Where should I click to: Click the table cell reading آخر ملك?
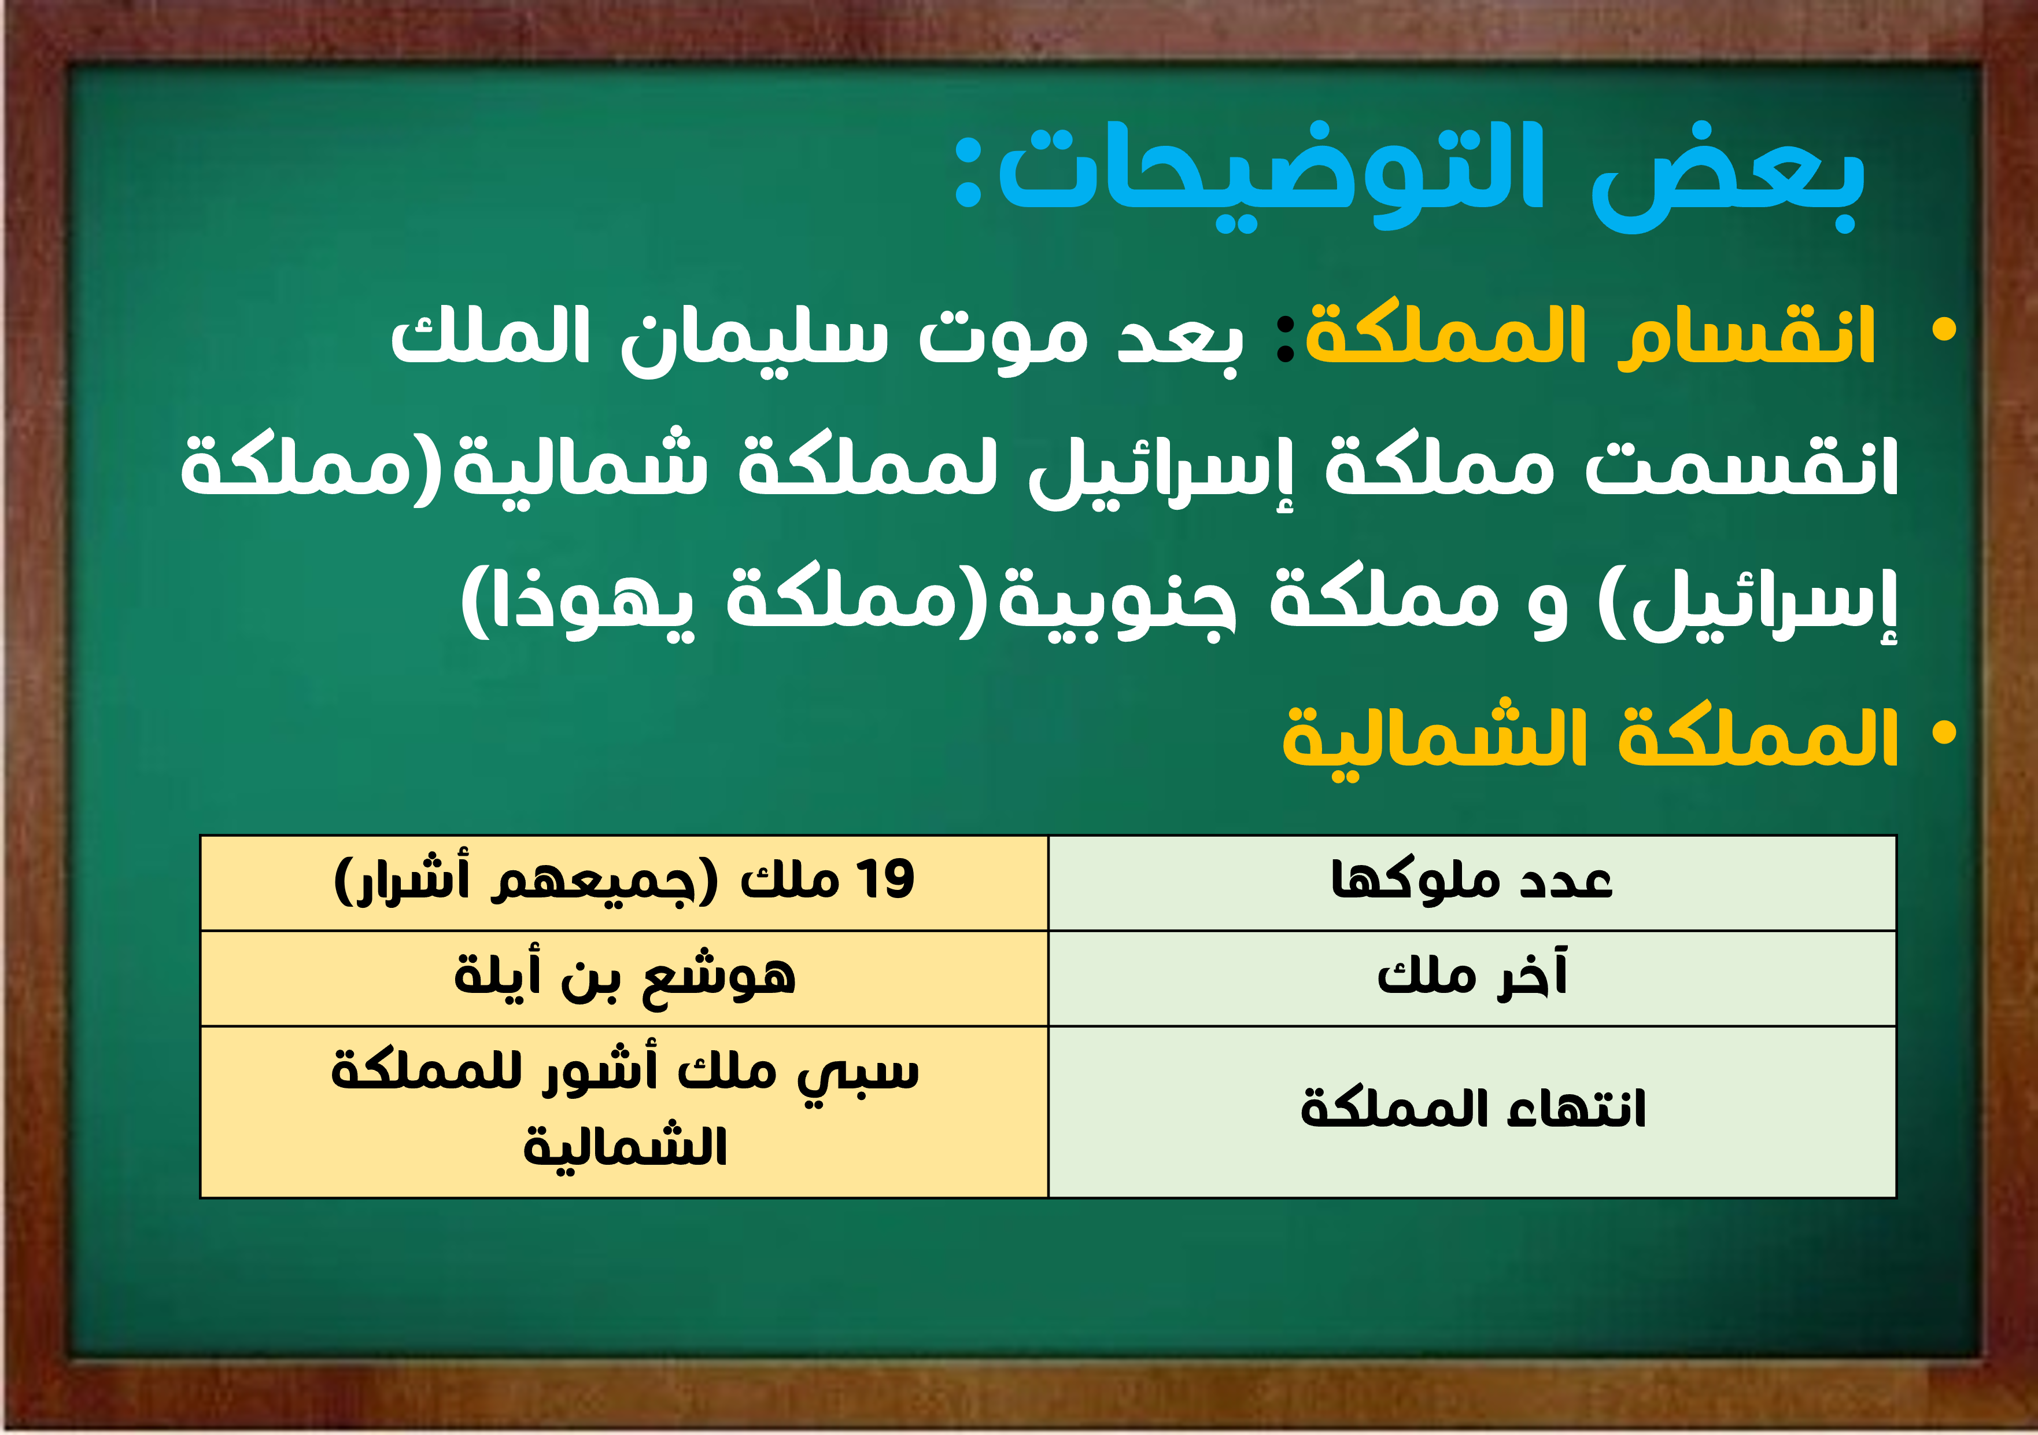1472,978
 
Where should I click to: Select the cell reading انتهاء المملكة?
1472,1112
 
